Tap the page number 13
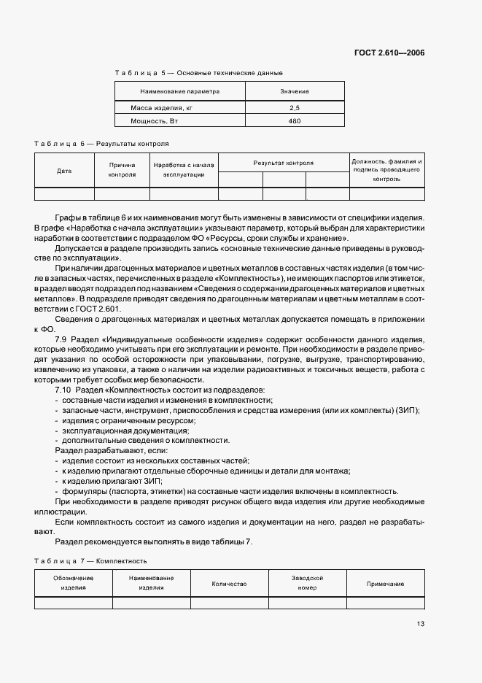click(421, 624)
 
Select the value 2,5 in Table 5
click(295, 108)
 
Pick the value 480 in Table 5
click(295, 121)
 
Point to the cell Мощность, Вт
click(154, 121)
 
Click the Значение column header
click(295, 91)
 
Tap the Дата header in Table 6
click(64, 171)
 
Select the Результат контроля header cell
click(284, 163)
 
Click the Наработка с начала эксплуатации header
click(184, 170)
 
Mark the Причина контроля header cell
click(122, 170)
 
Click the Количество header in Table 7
click(229, 584)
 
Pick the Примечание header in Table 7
click(386, 584)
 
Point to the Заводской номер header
click(307, 583)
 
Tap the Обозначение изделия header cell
click(73, 583)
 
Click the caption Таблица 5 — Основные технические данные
click(198, 73)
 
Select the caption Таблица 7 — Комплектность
click(91, 561)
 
